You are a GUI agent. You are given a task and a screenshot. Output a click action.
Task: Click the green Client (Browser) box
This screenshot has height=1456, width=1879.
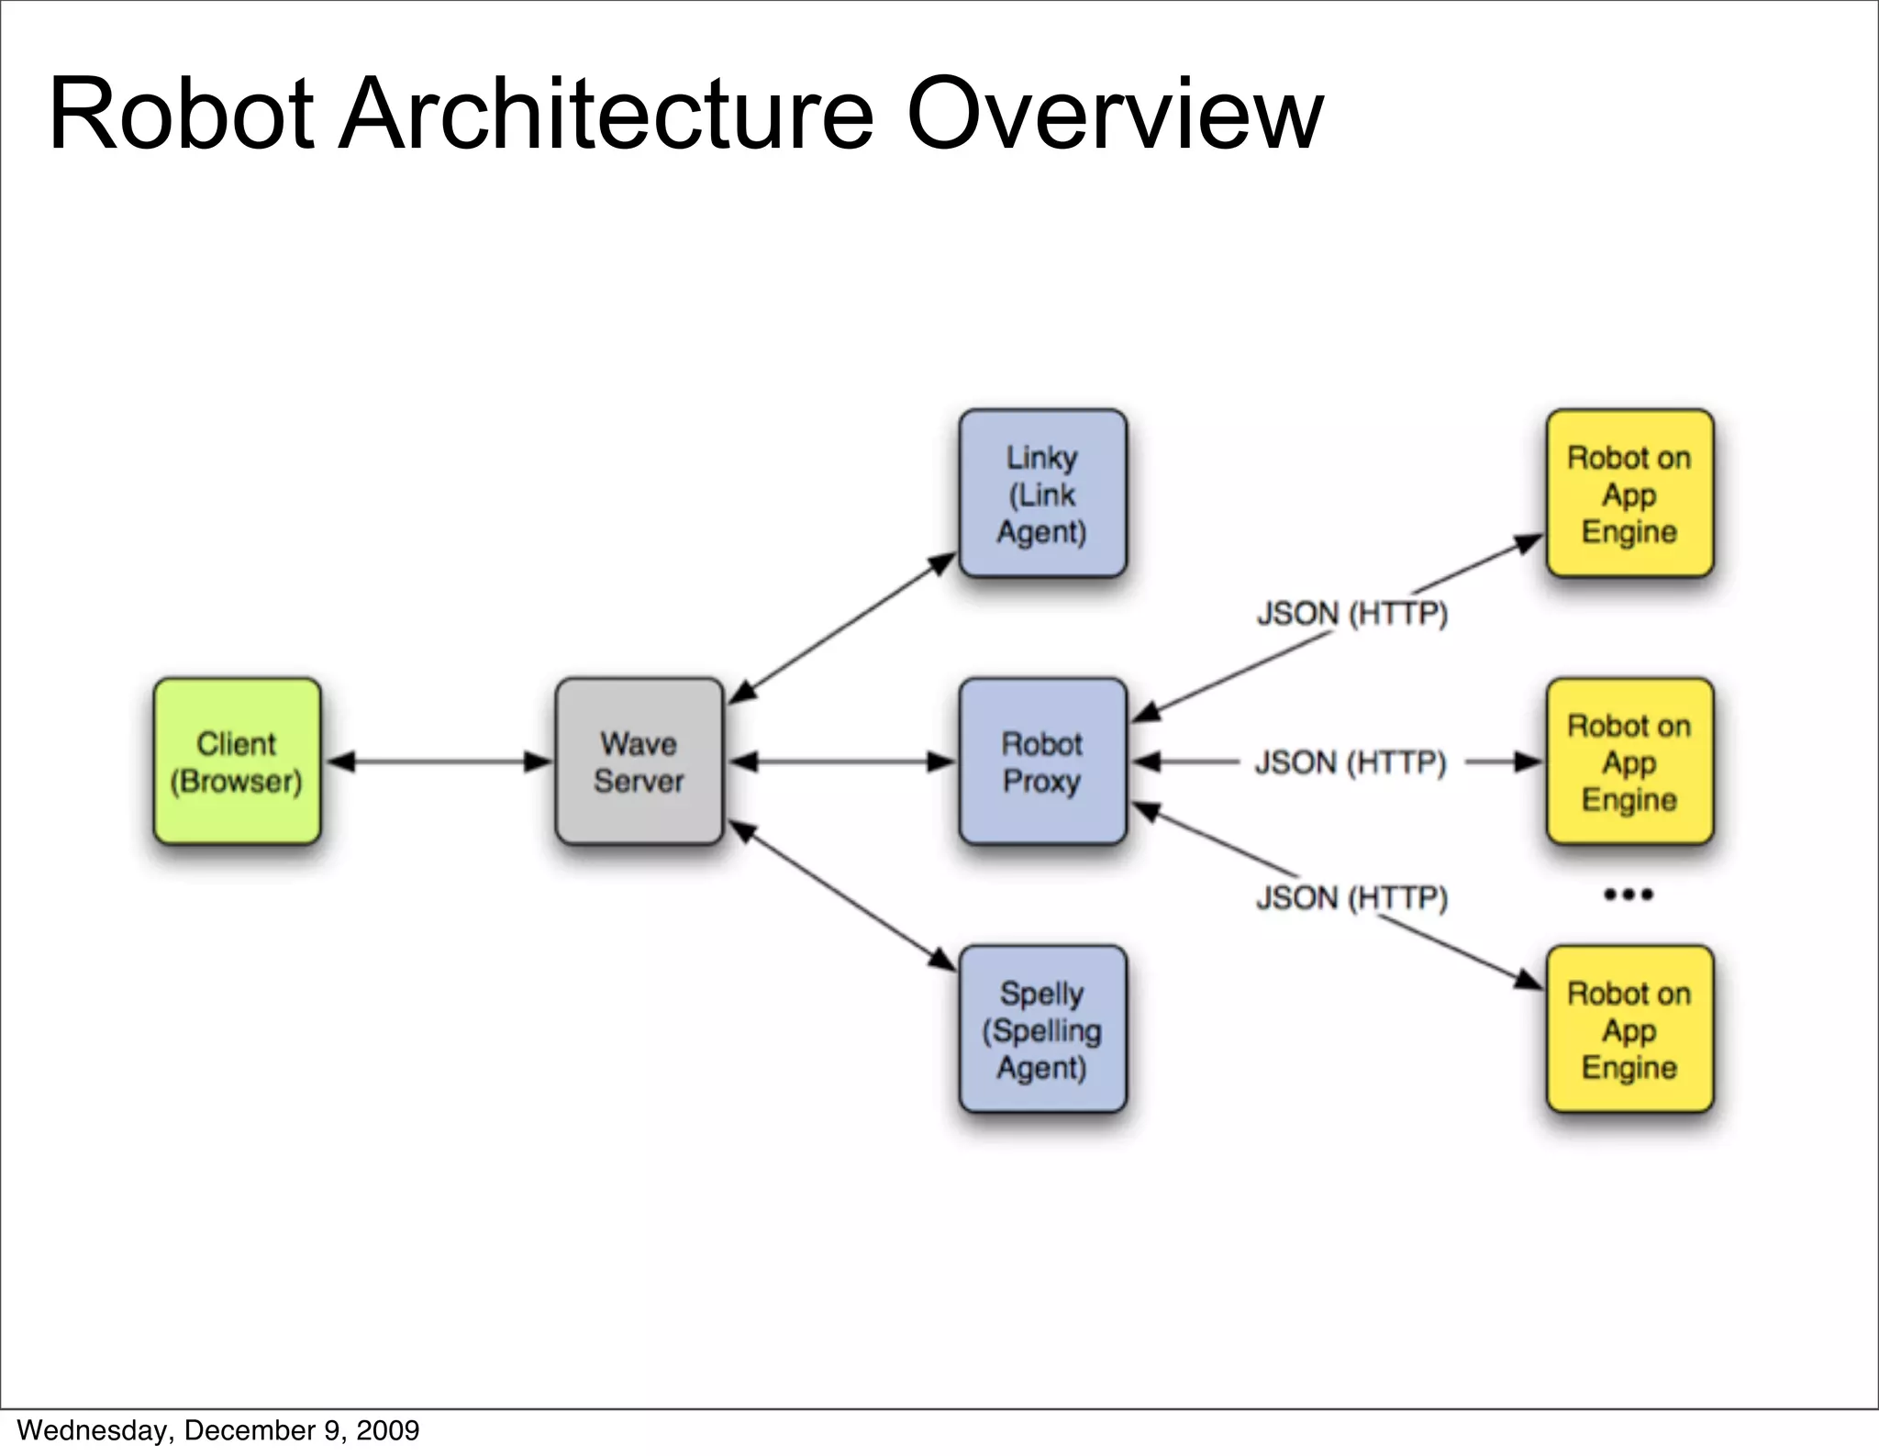[237, 761]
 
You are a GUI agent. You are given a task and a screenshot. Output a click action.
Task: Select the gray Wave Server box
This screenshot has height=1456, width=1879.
[639, 761]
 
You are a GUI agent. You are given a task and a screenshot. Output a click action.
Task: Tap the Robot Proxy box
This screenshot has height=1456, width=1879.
[1042, 761]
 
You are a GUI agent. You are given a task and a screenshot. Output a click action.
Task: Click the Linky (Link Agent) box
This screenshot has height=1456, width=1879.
[1042, 494]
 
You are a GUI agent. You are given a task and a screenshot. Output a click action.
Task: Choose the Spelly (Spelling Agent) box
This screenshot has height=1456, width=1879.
[1042, 1029]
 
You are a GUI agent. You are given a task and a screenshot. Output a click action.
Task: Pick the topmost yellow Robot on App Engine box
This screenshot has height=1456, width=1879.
[1629, 494]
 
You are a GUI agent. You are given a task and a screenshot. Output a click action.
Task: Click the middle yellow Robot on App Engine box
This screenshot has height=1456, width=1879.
[1629, 761]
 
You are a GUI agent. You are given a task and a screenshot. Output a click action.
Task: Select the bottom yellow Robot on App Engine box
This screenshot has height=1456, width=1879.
[1629, 1029]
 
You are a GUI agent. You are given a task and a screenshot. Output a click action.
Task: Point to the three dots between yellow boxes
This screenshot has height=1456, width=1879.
[1629, 895]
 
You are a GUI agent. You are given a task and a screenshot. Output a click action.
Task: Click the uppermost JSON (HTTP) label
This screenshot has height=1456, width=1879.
[1351, 613]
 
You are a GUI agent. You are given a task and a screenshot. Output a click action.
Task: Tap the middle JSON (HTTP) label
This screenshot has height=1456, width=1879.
[1350, 762]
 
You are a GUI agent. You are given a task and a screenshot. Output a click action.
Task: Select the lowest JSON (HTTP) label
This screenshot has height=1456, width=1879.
[1351, 897]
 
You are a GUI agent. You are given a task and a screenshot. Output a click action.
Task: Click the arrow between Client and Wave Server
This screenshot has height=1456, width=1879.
[439, 761]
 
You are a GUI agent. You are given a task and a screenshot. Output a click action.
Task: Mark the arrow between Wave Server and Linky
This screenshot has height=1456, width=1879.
[841, 628]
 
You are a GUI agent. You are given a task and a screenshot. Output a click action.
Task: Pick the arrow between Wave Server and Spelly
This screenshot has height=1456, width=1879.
[841, 895]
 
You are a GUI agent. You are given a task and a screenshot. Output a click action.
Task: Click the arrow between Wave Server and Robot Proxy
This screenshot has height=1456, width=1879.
[841, 761]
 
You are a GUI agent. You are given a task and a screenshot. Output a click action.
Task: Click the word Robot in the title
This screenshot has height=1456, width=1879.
[181, 115]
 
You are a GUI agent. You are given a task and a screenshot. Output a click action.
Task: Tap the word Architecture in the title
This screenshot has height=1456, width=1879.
[606, 115]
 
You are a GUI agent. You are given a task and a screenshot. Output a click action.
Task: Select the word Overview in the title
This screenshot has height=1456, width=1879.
[1114, 115]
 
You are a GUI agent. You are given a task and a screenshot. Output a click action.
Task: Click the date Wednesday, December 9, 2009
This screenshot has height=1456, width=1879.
[217, 1430]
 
